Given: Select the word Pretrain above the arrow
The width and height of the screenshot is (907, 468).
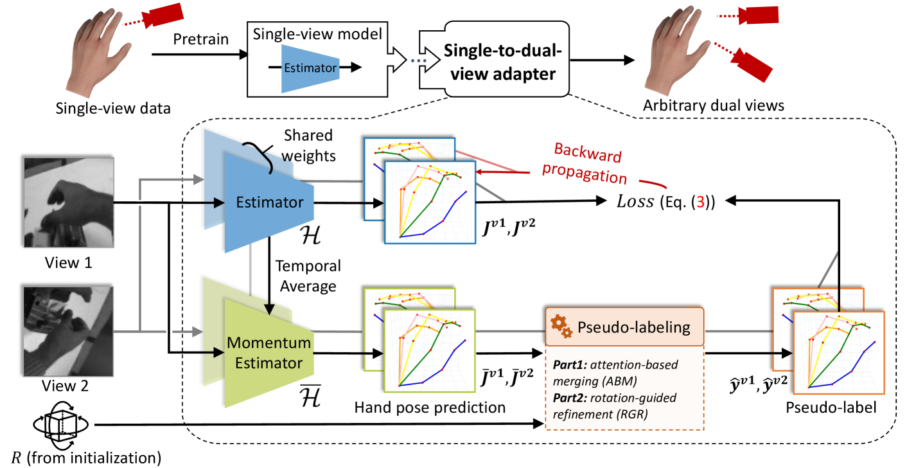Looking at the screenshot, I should coord(200,40).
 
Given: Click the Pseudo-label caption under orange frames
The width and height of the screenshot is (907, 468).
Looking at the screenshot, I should coord(822,407).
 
